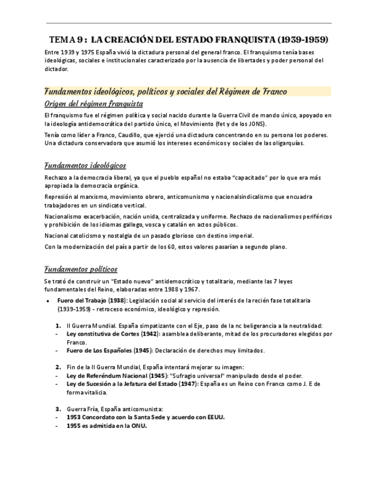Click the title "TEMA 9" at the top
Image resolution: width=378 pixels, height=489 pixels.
tap(68, 40)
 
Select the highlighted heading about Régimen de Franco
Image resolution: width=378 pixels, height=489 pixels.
tap(166, 92)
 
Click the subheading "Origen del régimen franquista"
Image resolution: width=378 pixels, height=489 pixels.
tap(93, 104)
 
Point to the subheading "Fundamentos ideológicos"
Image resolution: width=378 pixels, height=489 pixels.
tap(85, 165)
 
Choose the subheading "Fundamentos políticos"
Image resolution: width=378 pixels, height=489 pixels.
tap(81, 269)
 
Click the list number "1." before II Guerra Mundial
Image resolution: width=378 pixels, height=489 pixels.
tap(58, 325)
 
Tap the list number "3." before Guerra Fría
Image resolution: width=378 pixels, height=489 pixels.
tap(58, 409)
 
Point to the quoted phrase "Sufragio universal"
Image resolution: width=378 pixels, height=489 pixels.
tap(196, 375)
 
